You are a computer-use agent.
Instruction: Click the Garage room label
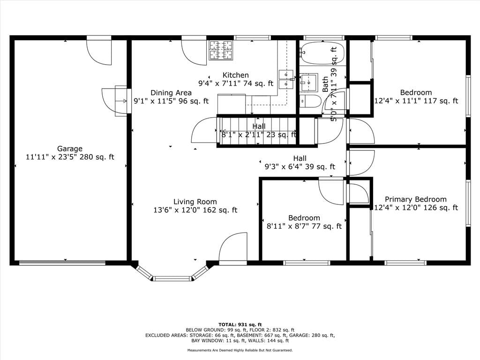click(x=70, y=149)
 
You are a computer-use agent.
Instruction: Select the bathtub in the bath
click(x=322, y=53)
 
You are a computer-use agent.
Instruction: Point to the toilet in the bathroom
click(x=310, y=101)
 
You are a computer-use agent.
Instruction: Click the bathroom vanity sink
click(x=308, y=82)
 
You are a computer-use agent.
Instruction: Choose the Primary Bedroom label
click(x=416, y=199)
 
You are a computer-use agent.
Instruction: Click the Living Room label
click(x=195, y=202)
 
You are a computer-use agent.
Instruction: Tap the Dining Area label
click(x=171, y=93)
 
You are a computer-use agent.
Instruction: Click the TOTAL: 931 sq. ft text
click(x=240, y=324)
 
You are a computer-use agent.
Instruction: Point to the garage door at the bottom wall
click(x=62, y=262)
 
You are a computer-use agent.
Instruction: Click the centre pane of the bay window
click(x=172, y=278)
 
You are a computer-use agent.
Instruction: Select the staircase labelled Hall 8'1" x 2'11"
click(x=257, y=132)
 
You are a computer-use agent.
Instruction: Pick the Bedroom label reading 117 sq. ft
click(x=416, y=92)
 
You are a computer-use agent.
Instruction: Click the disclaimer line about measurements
click(x=240, y=350)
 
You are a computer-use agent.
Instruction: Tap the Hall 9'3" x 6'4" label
click(x=300, y=163)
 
